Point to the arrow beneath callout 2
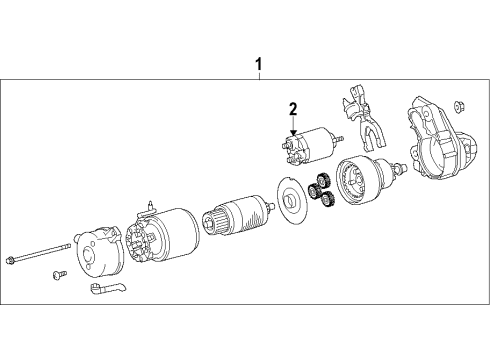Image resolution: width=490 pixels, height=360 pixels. tap(293, 127)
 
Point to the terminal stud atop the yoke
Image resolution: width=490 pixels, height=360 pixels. tap(149, 207)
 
